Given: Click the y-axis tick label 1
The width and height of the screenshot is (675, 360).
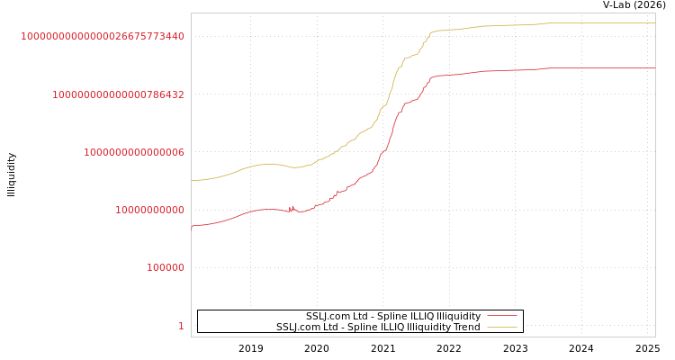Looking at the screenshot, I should coord(181,326).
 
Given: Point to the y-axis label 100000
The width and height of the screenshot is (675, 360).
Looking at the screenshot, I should coord(166,267).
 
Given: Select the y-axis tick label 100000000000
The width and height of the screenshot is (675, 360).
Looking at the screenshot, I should coord(149,210).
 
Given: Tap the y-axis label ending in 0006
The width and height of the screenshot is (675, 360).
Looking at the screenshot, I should coord(134,152).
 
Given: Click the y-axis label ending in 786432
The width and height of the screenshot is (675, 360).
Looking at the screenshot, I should coord(118,94).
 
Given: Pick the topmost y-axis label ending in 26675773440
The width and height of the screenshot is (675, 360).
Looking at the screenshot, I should coord(103,36).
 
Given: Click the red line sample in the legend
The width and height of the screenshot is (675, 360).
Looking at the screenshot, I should coord(502,316).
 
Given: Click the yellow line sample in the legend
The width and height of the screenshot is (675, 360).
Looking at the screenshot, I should coord(502,327).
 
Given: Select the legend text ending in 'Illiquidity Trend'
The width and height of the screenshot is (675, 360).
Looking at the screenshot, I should coord(378,327).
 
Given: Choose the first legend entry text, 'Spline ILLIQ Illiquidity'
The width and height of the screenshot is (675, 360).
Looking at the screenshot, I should coord(393,316).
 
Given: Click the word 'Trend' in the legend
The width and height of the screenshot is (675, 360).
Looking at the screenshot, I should coord(466,327).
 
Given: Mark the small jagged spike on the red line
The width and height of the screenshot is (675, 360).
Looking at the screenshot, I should coord(291,208).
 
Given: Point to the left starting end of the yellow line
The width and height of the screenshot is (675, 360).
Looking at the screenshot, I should coord(192,180).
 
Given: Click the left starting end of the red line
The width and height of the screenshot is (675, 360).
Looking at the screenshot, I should coord(192,226).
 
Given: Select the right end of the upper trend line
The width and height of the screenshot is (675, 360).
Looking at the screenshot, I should coord(654,23).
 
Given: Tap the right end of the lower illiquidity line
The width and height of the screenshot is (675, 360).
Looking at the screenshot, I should coord(654,67).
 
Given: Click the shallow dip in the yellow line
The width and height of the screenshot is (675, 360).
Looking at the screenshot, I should coord(295,167).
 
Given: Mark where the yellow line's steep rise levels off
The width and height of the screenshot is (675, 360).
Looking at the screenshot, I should coord(433,31).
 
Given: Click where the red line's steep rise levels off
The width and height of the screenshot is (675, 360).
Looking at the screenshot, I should coord(433,76).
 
